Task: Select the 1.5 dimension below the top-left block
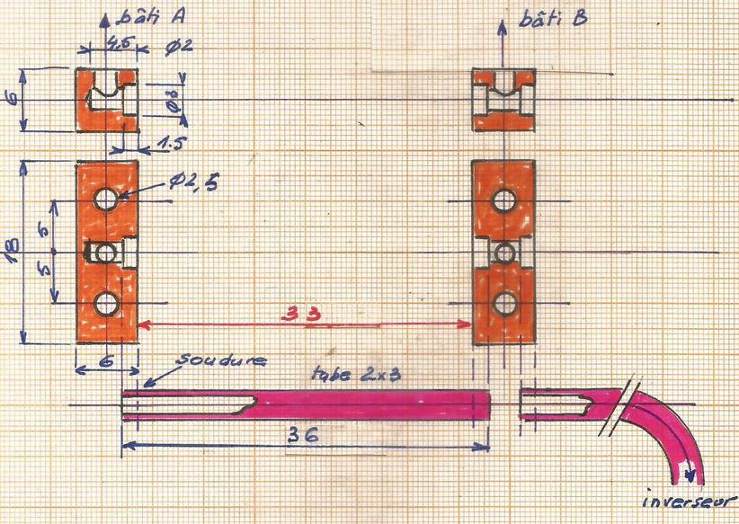tap(170, 144)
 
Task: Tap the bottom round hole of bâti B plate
tap(505, 303)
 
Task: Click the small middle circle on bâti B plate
tap(505, 252)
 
